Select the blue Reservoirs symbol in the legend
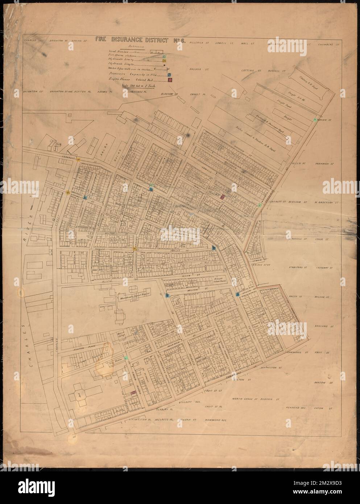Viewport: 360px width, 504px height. pos(169,74)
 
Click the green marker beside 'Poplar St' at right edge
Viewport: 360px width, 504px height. pos(315,119)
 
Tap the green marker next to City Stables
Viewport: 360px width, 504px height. pos(126,358)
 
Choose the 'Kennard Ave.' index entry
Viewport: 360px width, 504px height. pos(294,408)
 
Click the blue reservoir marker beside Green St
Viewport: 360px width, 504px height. pos(237,294)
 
